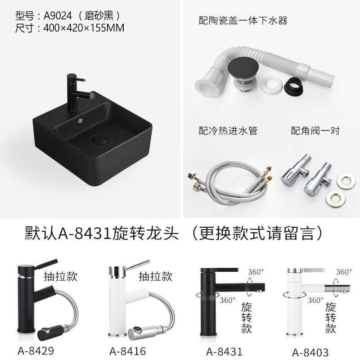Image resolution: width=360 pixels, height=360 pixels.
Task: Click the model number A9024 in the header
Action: coord(58,16)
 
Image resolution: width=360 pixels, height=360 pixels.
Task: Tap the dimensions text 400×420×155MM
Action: coord(84,28)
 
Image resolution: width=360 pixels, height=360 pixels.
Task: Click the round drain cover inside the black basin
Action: coord(99,139)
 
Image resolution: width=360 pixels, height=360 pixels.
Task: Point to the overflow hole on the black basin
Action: coord(81,120)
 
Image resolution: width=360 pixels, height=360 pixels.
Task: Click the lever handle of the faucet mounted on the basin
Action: coord(80,80)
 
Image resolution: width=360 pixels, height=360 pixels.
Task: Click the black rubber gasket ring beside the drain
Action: coord(293,86)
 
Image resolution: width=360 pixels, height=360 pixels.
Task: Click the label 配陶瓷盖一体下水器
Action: coord(243,20)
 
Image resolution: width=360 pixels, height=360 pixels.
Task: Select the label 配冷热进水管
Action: coord(228,130)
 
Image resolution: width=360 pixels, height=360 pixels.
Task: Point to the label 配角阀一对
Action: coord(315,130)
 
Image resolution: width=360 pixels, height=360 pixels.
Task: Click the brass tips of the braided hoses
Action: coord(268,173)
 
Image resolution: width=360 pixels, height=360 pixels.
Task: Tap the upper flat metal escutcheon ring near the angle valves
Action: coord(346,180)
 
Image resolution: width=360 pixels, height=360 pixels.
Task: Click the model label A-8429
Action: coord(36,351)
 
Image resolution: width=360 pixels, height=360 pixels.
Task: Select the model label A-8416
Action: coord(128,351)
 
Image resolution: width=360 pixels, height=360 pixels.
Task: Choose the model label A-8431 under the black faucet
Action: coord(224,351)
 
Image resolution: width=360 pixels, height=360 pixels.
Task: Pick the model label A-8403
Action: coord(310,352)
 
